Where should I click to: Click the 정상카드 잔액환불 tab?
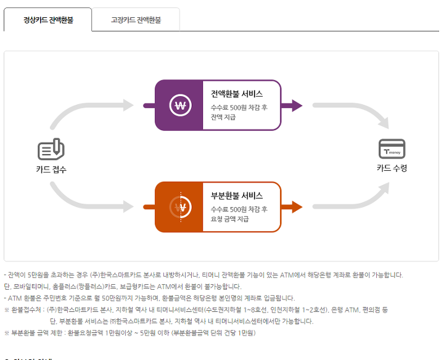(x=48, y=20)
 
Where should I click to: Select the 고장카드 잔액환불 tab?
(x=136, y=20)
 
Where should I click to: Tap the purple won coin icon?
(x=179, y=105)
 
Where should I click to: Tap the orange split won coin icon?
(x=179, y=207)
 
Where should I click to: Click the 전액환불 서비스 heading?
(x=237, y=94)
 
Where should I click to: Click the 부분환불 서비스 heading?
(x=237, y=195)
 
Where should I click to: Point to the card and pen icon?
(x=51, y=149)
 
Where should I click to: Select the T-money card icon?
(x=392, y=149)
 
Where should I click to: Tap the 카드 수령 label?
(x=392, y=168)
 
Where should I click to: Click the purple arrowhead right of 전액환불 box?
(x=297, y=105)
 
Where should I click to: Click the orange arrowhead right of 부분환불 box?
(x=297, y=207)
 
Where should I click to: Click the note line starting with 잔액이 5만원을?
(x=203, y=274)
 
